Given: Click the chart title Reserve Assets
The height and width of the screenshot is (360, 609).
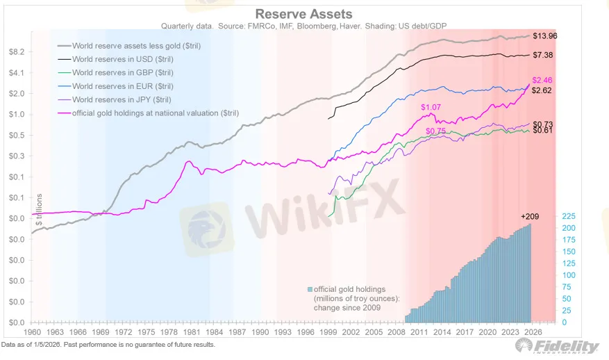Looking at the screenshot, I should [x=303, y=14].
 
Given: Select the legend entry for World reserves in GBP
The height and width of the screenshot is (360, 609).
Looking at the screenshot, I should [x=123, y=72].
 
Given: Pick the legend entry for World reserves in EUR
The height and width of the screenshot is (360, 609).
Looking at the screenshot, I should [x=123, y=86].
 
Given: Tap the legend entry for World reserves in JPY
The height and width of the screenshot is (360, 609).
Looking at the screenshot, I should [x=122, y=100].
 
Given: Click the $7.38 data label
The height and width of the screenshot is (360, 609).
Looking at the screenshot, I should [x=543, y=54].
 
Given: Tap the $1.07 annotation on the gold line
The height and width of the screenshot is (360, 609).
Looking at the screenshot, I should [x=431, y=107].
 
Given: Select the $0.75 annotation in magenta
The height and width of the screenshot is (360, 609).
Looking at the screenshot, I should [x=435, y=131].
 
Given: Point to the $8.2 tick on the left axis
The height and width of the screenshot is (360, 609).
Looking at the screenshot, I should [x=17, y=52].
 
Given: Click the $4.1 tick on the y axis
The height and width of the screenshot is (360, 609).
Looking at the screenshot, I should [x=17, y=73].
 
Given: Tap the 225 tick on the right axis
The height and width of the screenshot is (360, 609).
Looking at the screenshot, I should [x=568, y=216].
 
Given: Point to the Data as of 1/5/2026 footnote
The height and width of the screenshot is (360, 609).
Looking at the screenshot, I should [x=108, y=345].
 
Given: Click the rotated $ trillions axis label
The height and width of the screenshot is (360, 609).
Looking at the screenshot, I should [x=39, y=208].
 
